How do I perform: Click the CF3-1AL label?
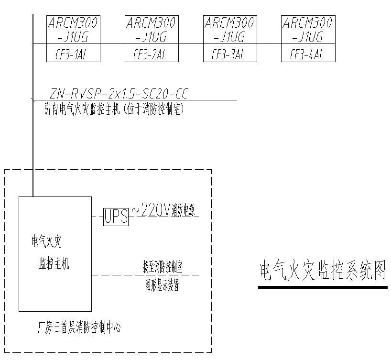click(73, 55)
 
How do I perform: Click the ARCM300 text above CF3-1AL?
click(73, 22)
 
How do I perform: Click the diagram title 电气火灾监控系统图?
click(322, 271)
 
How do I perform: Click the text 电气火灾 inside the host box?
click(46, 242)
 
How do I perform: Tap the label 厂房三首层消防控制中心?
click(79, 328)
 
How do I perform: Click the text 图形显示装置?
click(163, 286)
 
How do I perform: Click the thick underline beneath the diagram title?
click(323, 287)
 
